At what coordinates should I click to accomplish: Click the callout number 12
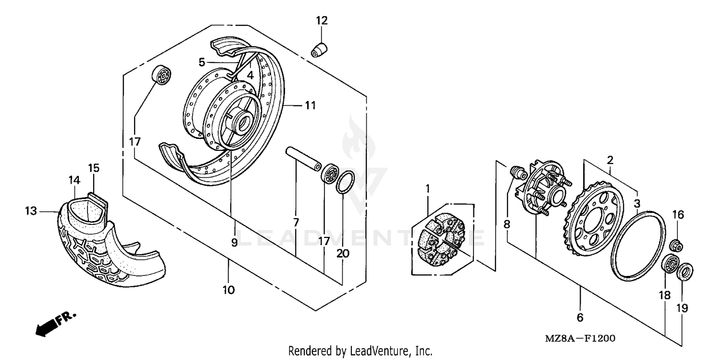click(322, 21)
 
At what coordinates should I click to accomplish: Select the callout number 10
click(228, 290)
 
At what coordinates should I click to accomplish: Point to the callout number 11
click(311, 104)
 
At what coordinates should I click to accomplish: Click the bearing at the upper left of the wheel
click(162, 75)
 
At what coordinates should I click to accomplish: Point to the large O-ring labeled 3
click(638, 244)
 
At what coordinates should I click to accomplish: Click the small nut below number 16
click(676, 244)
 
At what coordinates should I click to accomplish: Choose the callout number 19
click(683, 308)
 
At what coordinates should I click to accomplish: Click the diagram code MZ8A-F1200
click(580, 338)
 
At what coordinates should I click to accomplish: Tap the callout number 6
click(580, 317)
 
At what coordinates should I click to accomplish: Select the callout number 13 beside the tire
click(31, 211)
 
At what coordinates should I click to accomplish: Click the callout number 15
click(94, 168)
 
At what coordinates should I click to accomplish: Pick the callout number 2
click(610, 160)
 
